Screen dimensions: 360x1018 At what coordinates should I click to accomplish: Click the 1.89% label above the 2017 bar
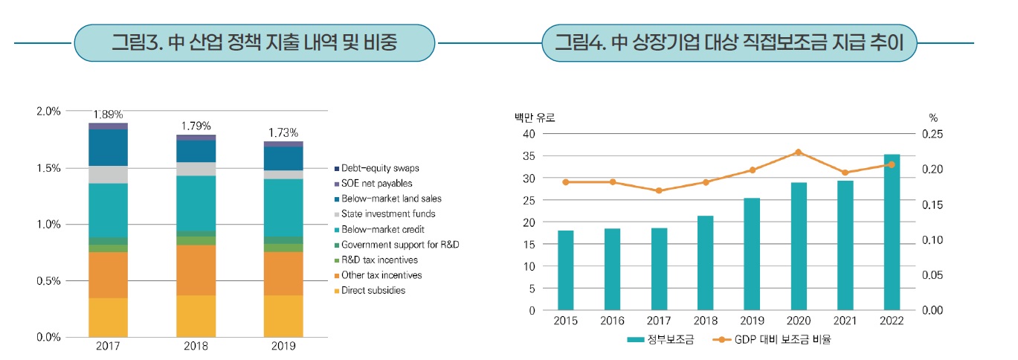click(108, 115)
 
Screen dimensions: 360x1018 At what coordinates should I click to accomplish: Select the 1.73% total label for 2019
click(283, 133)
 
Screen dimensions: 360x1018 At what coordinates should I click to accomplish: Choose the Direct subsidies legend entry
click(374, 290)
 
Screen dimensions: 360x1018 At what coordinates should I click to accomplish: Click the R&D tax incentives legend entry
click(380, 260)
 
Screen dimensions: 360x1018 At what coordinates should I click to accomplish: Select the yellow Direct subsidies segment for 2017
click(108, 318)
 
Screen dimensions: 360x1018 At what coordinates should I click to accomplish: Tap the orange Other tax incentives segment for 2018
click(196, 270)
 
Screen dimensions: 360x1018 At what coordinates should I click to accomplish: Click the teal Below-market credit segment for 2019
click(283, 208)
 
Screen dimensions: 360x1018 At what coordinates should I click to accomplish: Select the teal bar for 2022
click(891, 232)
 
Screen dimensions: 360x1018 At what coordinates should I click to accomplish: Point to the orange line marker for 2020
click(798, 152)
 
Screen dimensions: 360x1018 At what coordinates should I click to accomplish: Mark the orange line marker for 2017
click(659, 190)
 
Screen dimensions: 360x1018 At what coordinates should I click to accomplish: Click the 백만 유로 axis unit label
click(535, 117)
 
